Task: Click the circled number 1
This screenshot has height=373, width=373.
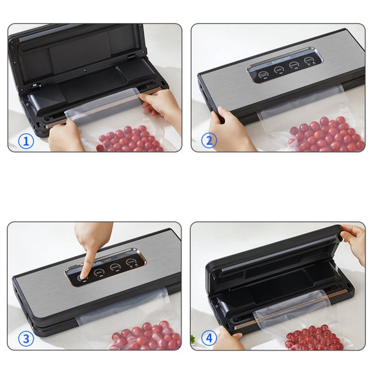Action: (26, 141)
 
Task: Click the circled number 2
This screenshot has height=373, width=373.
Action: (209, 141)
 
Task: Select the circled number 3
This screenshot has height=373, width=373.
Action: (26, 339)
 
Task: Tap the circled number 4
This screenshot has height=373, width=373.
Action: (209, 339)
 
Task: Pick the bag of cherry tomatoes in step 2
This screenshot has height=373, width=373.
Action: (323, 132)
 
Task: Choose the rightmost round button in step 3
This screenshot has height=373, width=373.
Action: (131, 263)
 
